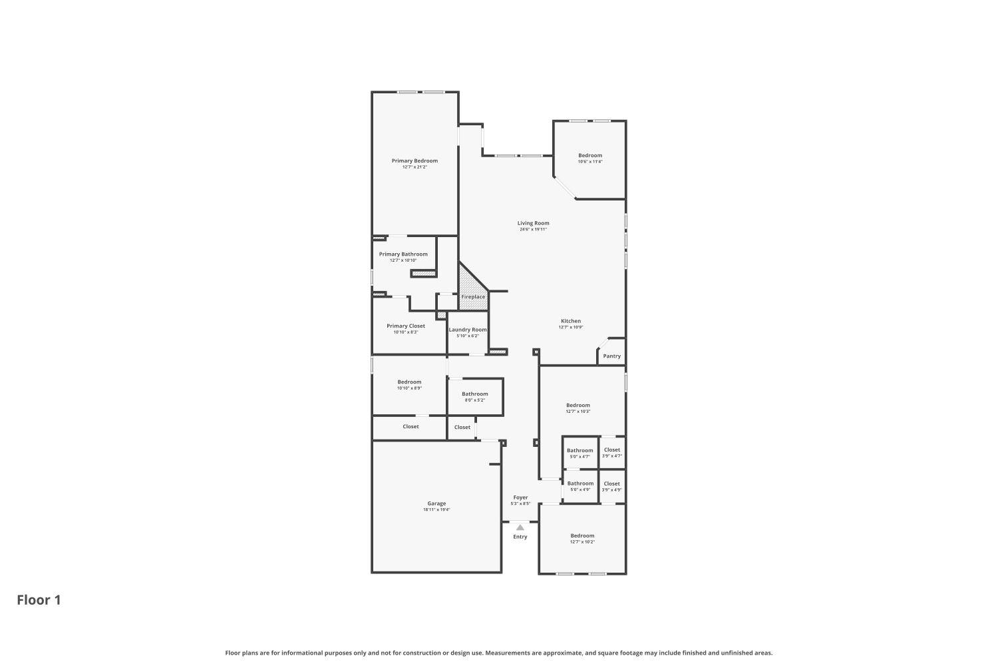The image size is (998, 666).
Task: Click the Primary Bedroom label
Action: [x=415, y=161]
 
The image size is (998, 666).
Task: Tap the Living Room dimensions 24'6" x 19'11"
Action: [x=533, y=229]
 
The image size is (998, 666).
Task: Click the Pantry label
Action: [x=611, y=356]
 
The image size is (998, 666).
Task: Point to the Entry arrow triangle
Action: [x=520, y=527]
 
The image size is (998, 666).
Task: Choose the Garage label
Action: [x=436, y=503]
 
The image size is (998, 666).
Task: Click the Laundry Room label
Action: [x=468, y=330]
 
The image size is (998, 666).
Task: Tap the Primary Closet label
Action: [x=406, y=326]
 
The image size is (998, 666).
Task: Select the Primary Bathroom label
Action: [x=403, y=254]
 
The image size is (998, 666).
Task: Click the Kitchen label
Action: [x=571, y=321]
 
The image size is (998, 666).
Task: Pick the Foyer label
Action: [x=520, y=498]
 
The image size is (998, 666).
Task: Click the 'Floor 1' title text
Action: [x=39, y=600]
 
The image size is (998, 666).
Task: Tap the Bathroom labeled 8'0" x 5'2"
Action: [x=475, y=394]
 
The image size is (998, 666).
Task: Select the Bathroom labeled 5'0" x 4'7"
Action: [x=580, y=450]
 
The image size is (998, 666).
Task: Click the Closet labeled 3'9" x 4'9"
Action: [x=612, y=484]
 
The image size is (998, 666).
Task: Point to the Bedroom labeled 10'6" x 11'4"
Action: [x=589, y=155]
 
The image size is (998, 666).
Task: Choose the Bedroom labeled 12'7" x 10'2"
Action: [x=582, y=535]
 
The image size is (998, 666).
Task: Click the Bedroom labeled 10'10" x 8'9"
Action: [x=409, y=382]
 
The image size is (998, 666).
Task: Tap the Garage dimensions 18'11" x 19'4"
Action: [x=436, y=510]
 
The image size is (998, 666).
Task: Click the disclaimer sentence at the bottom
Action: [x=499, y=653]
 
